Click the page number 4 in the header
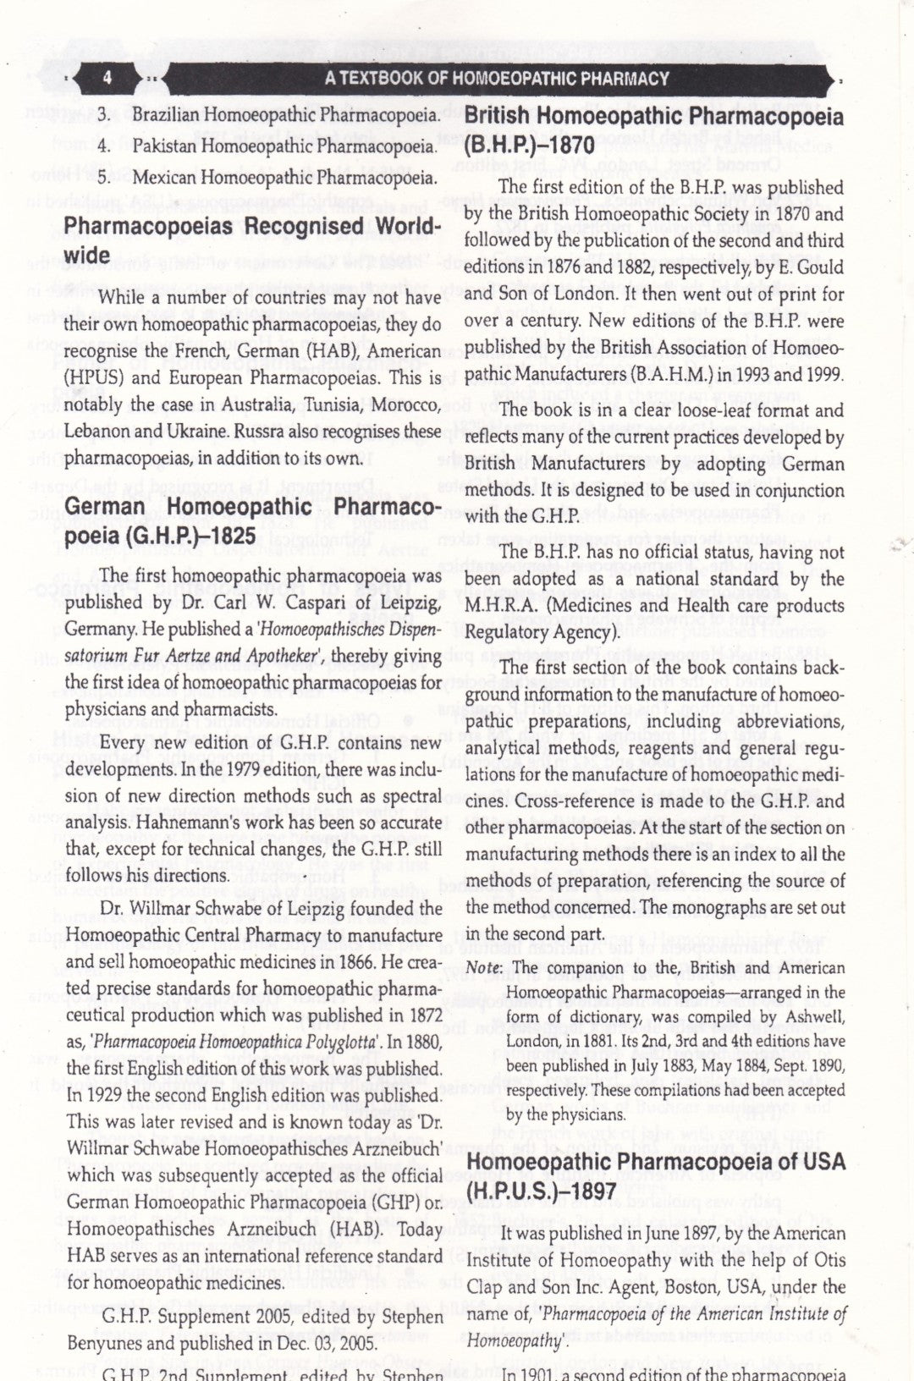[108, 79]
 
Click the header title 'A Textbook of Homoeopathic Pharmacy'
[498, 79]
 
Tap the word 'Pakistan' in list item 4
[159, 146]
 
